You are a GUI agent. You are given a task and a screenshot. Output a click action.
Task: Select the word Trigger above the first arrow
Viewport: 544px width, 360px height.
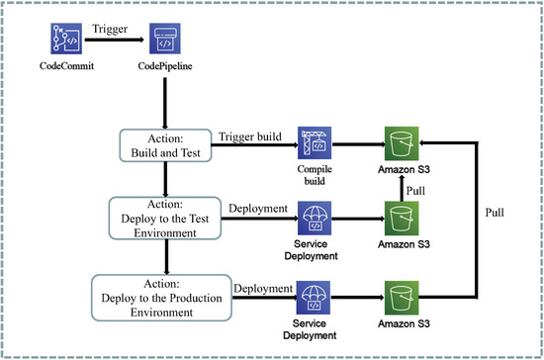[x=109, y=30]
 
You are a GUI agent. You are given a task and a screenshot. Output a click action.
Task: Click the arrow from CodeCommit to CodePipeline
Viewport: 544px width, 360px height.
[x=109, y=42]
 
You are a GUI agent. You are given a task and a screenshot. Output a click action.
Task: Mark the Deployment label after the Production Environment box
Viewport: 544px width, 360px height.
[x=263, y=288]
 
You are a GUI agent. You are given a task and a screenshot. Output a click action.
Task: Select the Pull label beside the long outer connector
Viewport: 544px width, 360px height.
[x=497, y=212]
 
